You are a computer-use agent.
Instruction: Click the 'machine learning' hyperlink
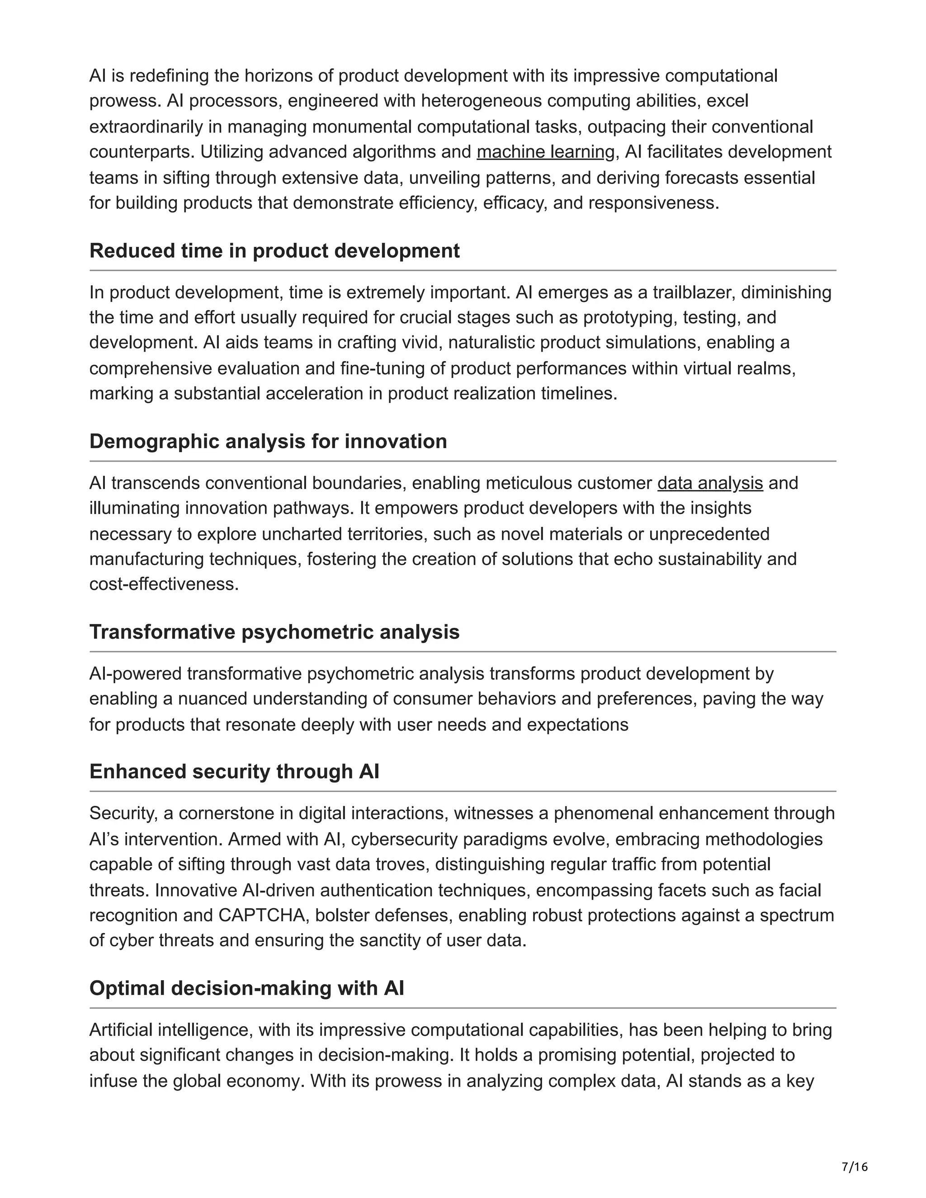coord(545,152)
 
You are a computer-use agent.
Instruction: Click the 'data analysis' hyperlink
coord(710,483)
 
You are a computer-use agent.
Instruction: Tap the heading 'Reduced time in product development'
coord(274,251)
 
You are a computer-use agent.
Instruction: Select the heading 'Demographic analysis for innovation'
coord(268,441)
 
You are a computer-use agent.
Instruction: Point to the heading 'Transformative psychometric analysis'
coord(274,632)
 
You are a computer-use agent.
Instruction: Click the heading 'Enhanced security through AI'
coord(234,771)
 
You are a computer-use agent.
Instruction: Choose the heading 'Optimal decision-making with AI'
coord(246,988)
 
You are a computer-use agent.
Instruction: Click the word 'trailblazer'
coord(694,292)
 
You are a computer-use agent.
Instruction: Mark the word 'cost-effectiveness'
coord(164,584)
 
